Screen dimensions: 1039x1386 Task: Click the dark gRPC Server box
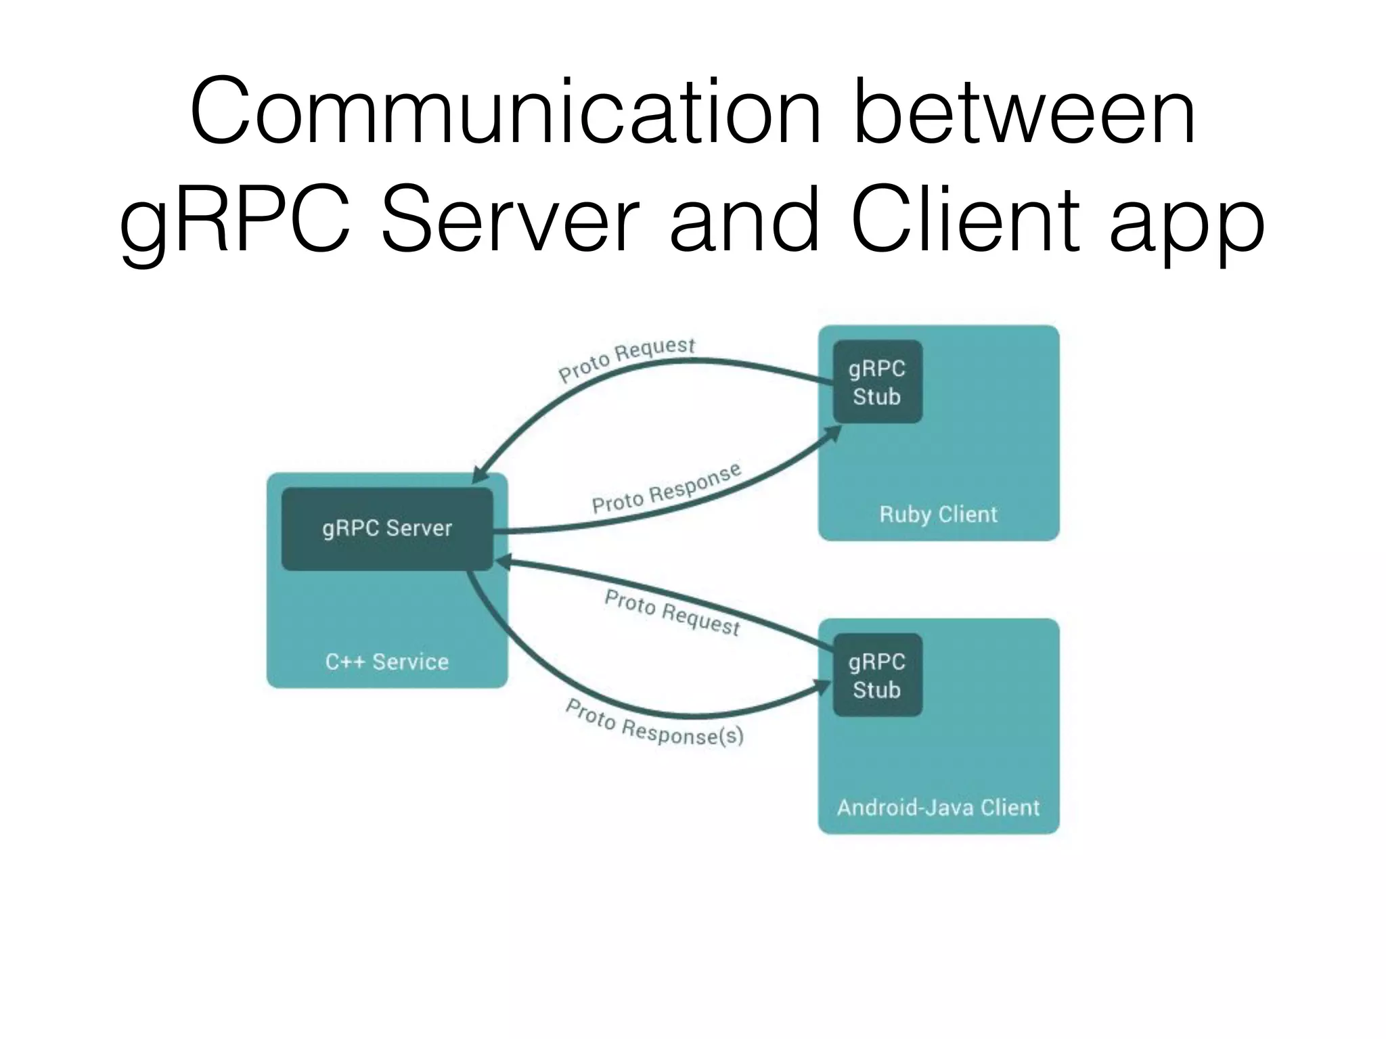(x=387, y=529)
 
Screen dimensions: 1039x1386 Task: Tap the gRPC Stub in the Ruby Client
(x=877, y=382)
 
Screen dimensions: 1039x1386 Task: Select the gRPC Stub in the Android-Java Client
(x=877, y=675)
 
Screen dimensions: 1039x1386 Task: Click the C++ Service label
(x=386, y=662)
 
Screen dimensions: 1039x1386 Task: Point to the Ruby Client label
(x=938, y=515)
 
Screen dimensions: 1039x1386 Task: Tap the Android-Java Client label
(x=938, y=808)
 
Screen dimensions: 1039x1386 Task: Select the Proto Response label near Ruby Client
(x=667, y=488)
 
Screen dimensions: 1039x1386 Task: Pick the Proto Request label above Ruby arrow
(x=626, y=360)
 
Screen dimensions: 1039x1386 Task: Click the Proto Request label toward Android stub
(x=672, y=613)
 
